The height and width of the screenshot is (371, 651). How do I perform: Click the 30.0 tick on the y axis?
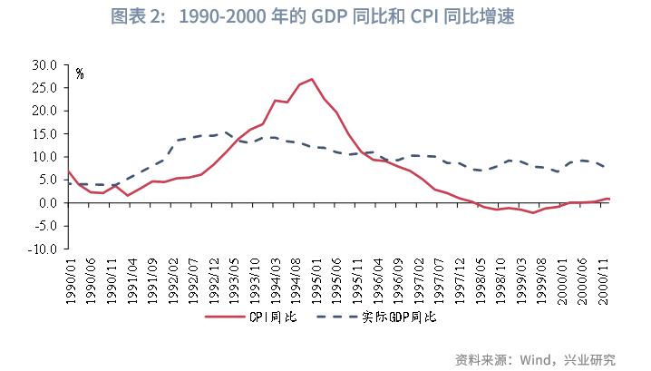point(44,65)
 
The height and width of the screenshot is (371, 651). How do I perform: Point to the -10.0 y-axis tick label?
point(43,249)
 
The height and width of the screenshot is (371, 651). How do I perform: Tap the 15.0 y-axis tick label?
point(44,134)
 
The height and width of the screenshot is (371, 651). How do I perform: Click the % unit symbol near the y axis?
point(80,74)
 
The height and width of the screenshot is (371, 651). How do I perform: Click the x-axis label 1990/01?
point(70,278)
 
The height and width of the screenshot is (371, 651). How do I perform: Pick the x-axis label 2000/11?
point(603,278)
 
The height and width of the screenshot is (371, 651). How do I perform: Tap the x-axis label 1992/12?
point(214,278)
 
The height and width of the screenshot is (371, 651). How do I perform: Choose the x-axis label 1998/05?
point(481,278)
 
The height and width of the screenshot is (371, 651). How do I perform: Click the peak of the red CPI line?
point(312,79)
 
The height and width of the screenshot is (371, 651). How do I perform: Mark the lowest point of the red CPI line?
point(534,212)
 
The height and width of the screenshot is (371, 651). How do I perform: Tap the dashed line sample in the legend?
point(338,317)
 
